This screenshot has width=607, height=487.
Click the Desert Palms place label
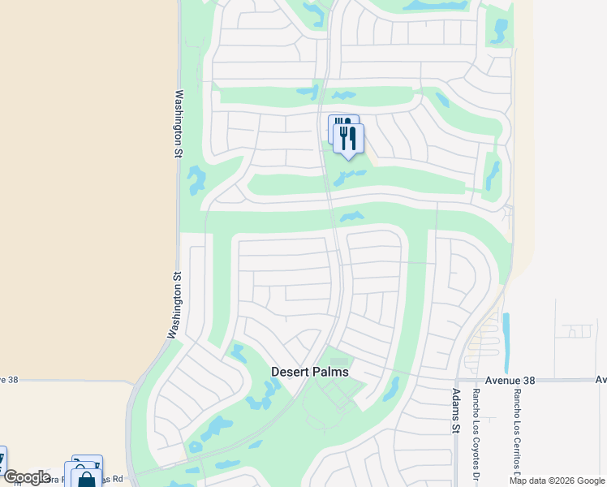tap(309, 372)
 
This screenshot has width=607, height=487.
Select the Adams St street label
tap(455, 415)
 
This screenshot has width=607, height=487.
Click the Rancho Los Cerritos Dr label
tap(515, 430)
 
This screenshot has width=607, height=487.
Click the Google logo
tap(26, 477)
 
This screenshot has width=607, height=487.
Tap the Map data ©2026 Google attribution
tap(557, 481)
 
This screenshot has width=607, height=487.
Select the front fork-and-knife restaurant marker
tap(349, 139)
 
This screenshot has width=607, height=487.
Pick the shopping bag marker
tap(86, 477)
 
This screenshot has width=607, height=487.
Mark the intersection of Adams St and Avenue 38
tap(456, 380)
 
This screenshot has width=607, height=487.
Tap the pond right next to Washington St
tap(196, 180)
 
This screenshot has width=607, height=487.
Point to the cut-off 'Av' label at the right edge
tap(601, 379)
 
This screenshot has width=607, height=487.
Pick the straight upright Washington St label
tap(179, 123)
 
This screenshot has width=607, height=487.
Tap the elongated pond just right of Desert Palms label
tap(391, 389)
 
